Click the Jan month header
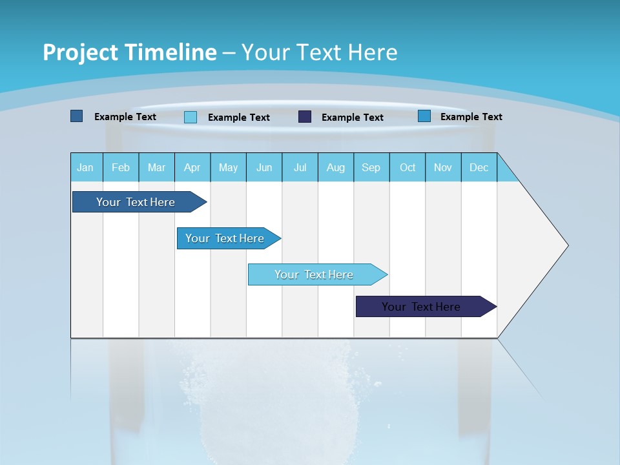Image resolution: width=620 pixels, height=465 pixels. click(86, 167)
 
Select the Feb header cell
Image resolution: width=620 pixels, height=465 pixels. click(121, 167)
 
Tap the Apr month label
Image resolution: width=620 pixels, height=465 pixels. click(192, 167)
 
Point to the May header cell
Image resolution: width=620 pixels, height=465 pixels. click(228, 167)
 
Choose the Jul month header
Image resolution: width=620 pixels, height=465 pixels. click(300, 167)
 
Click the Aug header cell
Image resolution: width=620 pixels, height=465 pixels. click(336, 167)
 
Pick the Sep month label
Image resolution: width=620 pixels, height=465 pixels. click(371, 167)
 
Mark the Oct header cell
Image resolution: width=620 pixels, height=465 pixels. click(408, 167)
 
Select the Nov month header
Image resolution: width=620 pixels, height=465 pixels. click(443, 167)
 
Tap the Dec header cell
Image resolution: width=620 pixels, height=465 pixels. click(479, 167)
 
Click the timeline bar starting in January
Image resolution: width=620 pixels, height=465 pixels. click(136, 202)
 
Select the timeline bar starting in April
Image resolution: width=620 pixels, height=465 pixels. click(225, 238)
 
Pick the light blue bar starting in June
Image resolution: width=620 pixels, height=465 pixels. click(314, 274)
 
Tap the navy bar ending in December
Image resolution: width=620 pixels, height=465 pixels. click(421, 307)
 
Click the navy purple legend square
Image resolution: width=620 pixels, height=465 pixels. click(305, 117)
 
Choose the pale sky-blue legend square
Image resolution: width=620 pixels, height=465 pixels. click(191, 117)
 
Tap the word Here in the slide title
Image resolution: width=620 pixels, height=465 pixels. click(373, 52)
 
